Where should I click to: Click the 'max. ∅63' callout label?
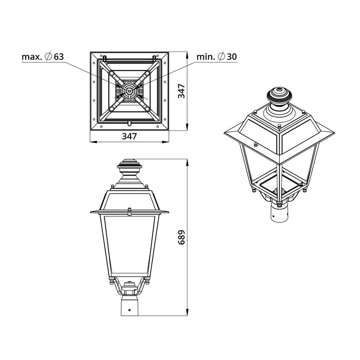(42, 57)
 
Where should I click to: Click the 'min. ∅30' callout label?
(216, 57)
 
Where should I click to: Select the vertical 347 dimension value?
(181, 91)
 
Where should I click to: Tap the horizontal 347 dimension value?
(129, 136)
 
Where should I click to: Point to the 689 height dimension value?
(181, 237)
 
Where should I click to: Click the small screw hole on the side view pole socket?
(130, 310)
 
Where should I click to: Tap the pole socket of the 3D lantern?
(280, 211)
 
